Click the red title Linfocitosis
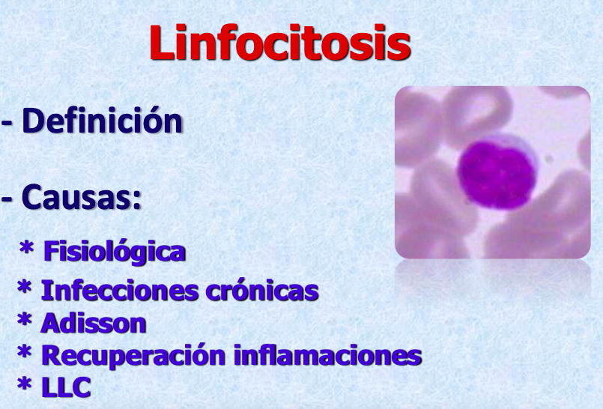[280, 42]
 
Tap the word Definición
[103, 121]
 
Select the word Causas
[76, 197]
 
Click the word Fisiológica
[115, 252]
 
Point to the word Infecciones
[120, 290]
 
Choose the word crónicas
[262, 290]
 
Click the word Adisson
[94, 323]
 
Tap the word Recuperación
[133, 356]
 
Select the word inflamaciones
[327, 355]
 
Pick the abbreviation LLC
[66, 387]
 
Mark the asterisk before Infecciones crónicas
[24, 287]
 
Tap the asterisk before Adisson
[24, 319]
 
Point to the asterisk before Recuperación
[24, 352]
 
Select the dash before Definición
[7, 124]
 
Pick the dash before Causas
[7, 200]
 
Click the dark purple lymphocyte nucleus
[496, 175]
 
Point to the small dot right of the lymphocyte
[549, 158]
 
